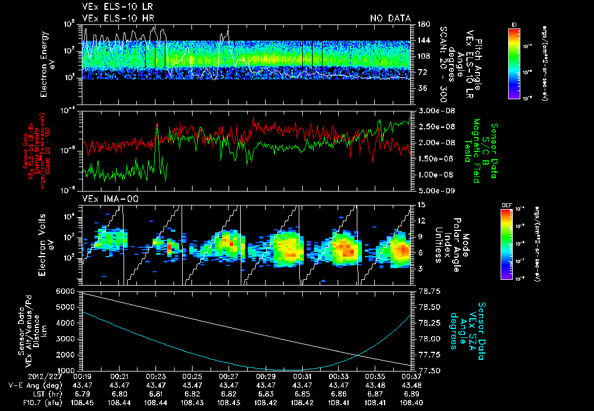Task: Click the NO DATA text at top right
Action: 390,18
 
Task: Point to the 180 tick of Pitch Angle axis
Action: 423,24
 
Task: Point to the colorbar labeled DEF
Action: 513,244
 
